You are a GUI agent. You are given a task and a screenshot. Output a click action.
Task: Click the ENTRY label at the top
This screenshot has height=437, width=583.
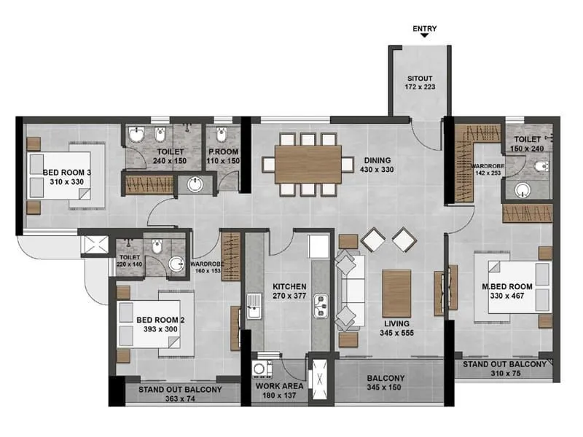coord(424,29)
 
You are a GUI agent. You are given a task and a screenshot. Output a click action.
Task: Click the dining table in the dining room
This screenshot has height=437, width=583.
coord(308,164)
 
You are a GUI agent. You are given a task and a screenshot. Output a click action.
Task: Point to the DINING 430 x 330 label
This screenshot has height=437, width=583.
coord(376,165)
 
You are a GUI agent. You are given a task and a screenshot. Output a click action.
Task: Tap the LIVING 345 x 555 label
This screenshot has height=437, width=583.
coord(397,327)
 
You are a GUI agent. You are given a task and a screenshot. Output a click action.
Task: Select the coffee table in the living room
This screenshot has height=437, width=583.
coord(397,293)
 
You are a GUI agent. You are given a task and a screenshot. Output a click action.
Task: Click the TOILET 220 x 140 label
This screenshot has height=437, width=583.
coord(130,261)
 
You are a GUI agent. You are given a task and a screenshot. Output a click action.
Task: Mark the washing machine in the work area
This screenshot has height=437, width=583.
coord(261,366)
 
